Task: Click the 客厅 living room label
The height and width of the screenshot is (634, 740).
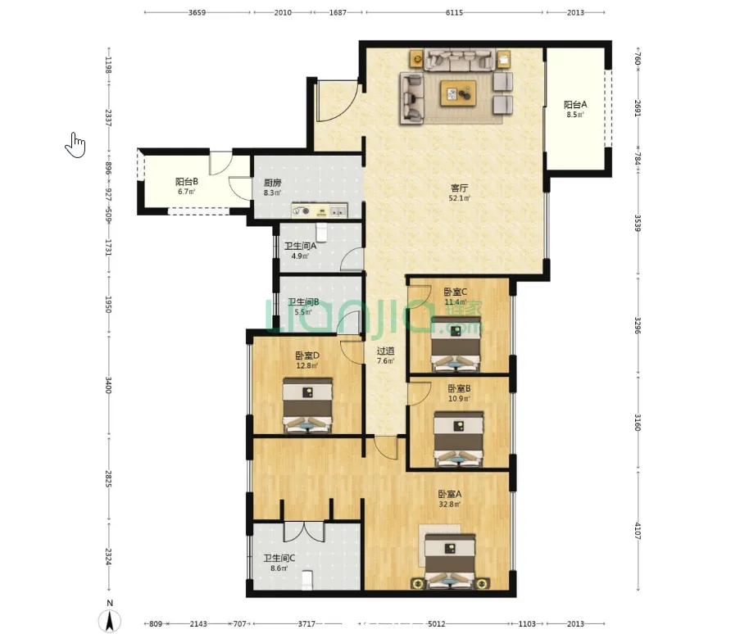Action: click(x=459, y=188)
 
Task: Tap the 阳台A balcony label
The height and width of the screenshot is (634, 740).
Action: click(x=575, y=105)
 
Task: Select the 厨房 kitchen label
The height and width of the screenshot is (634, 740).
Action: click(x=272, y=183)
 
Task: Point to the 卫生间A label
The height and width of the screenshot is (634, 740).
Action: click(x=300, y=246)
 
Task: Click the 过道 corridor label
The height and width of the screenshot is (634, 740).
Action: click(x=386, y=351)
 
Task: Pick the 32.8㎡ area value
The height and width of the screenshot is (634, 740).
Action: click(x=450, y=505)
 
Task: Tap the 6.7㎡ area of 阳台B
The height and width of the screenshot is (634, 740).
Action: click(x=186, y=192)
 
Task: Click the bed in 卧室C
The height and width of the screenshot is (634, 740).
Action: click(x=456, y=344)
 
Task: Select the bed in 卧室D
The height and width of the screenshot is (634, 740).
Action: click(x=307, y=405)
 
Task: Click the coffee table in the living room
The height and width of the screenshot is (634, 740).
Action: click(x=458, y=93)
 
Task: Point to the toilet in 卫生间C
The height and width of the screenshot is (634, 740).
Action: click(x=307, y=580)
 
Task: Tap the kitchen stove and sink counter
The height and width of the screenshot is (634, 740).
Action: click(x=320, y=211)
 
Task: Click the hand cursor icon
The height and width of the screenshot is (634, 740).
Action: click(x=75, y=145)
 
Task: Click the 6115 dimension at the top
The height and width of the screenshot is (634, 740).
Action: click(x=454, y=13)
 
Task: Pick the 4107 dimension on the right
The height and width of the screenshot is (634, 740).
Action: click(x=637, y=531)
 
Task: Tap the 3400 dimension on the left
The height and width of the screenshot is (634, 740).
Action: click(x=108, y=385)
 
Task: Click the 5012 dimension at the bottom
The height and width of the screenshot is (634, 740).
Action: click(x=436, y=624)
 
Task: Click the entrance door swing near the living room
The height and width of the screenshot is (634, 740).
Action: click(x=337, y=100)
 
